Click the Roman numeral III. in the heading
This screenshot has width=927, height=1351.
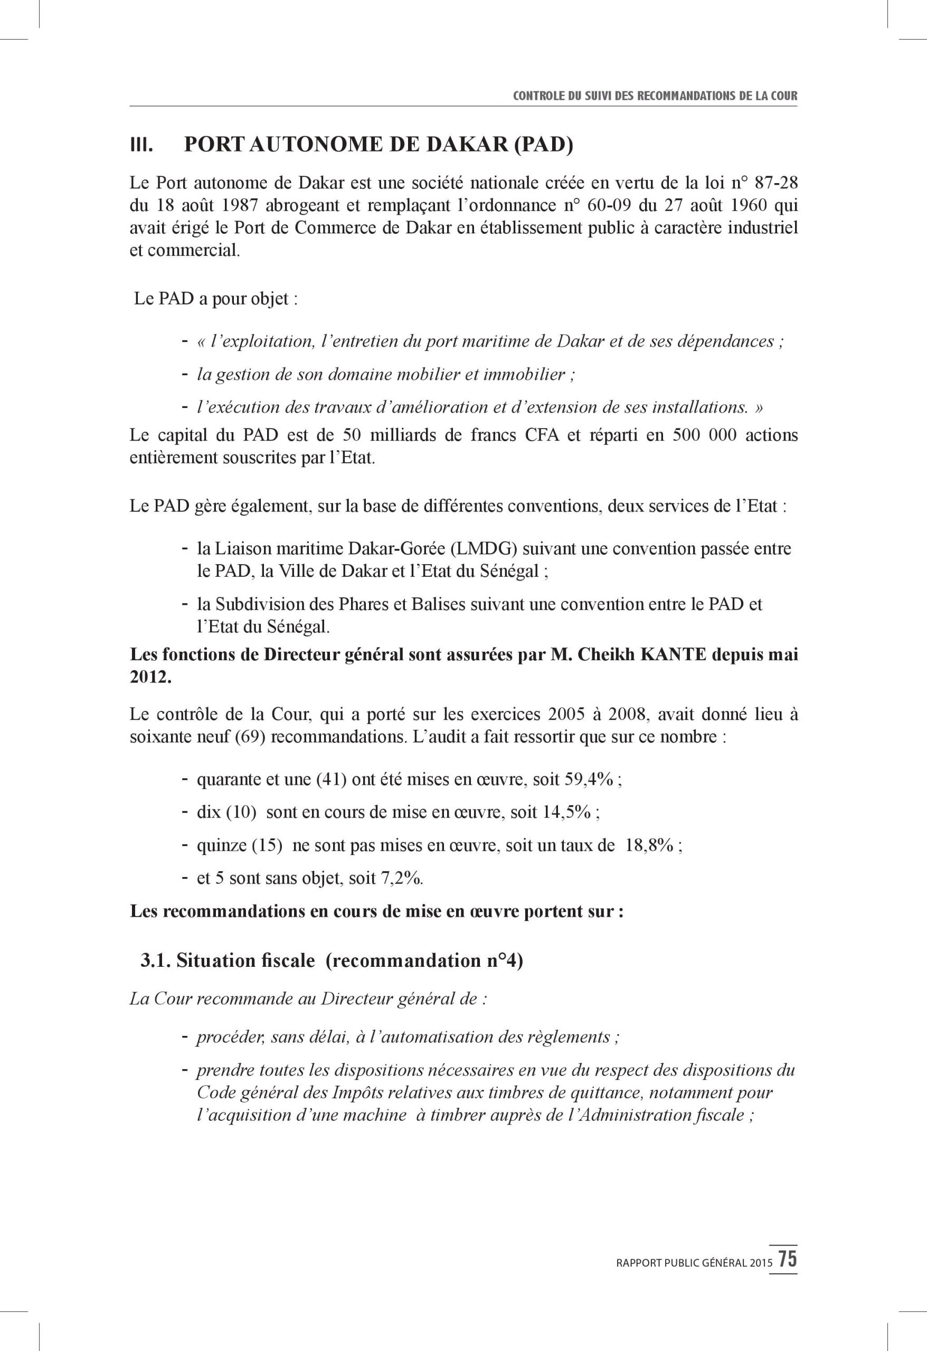pyautogui.click(x=141, y=145)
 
